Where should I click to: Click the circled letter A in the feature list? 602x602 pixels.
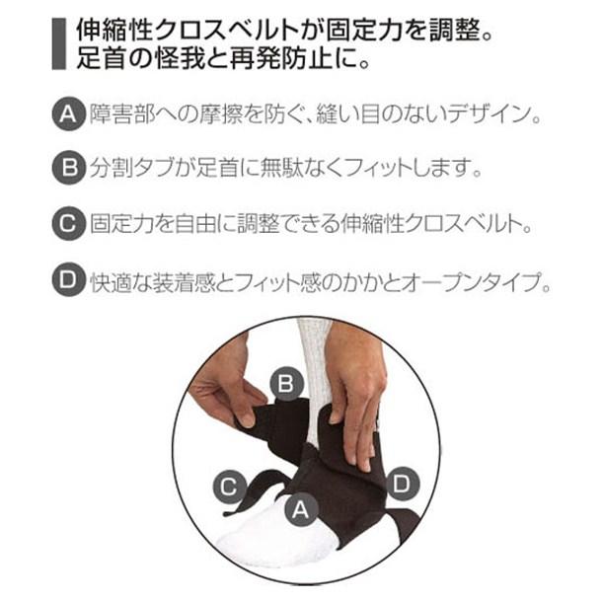(x=69, y=113)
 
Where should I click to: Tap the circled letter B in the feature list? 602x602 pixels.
(x=69, y=168)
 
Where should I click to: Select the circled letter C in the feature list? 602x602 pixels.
(x=69, y=223)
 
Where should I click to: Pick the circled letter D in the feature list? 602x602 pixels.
(x=69, y=279)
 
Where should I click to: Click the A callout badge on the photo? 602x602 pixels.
(x=301, y=510)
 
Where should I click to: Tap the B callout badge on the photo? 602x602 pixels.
(x=286, y=383)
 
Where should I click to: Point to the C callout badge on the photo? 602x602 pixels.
(x=229, y=487)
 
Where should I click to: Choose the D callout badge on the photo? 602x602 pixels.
(x=403, y=484)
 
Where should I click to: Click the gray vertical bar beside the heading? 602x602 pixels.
(x=59, y=43)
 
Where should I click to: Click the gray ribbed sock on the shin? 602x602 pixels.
(x=314, y=367)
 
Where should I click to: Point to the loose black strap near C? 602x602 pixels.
(x=250, y=495)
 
